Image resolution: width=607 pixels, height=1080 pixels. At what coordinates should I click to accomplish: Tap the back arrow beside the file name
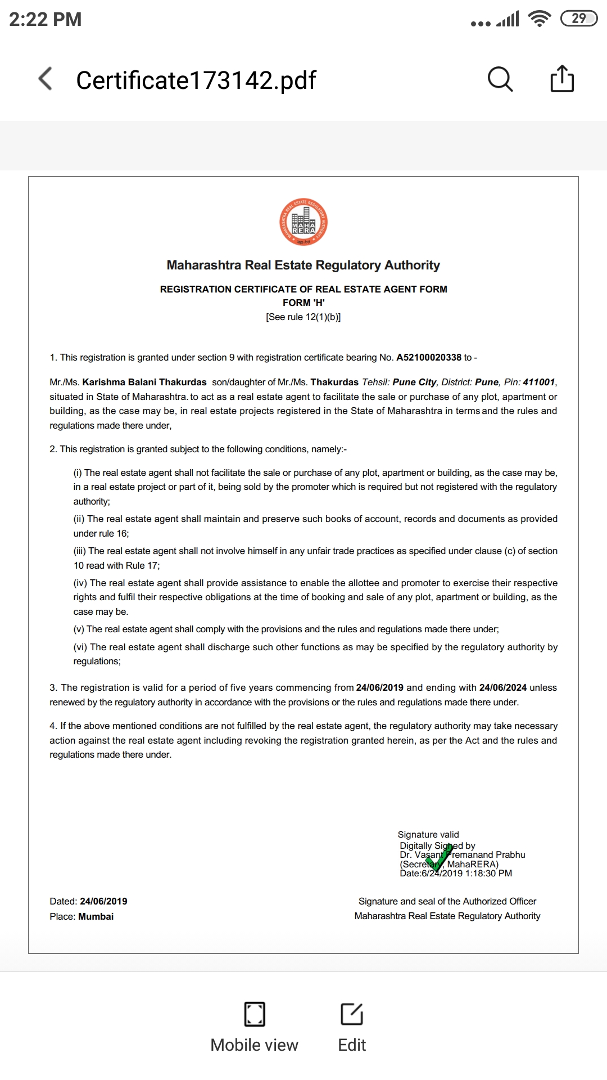point(46,79)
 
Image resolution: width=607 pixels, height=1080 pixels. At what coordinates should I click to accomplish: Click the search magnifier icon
point(500,79)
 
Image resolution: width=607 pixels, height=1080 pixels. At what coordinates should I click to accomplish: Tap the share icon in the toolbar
point(561,79)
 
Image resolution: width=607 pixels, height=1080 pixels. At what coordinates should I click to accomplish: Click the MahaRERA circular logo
point(303,222)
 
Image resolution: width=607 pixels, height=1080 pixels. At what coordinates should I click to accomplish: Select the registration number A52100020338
point(429,357)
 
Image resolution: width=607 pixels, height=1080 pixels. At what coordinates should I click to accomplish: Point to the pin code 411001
point(538,382)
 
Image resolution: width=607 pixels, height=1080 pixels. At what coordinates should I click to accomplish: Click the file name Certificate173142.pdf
point(196,80)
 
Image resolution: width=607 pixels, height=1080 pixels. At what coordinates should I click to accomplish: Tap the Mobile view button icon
point(255,1014)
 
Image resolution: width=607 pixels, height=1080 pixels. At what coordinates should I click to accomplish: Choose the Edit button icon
point(352,1014)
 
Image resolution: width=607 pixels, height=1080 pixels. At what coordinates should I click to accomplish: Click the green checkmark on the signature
point(439,858)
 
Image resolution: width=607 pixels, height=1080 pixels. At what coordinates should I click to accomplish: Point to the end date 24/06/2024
point(502,687)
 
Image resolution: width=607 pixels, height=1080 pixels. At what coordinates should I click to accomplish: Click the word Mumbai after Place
point(96,916)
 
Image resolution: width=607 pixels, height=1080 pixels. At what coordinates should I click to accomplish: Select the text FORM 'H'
point(303,303)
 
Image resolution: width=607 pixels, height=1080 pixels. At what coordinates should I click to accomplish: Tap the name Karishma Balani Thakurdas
point(144,382)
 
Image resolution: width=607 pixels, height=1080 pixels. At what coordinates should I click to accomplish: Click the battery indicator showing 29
point(579,19)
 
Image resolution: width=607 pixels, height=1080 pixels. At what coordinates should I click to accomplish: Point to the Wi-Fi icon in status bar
point(540,19)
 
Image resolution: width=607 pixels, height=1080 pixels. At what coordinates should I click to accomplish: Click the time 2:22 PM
point(46,19)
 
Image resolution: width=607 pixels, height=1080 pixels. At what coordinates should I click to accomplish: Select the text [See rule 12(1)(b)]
point(303,317)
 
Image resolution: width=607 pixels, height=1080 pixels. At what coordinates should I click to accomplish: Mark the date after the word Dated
point(103,901)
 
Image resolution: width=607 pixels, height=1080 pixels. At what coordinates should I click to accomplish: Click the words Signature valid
point(428,834)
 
